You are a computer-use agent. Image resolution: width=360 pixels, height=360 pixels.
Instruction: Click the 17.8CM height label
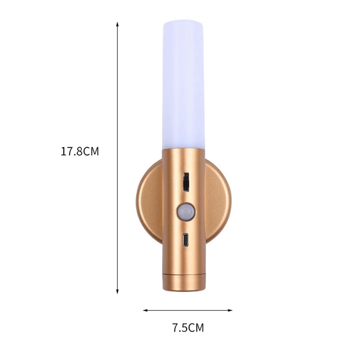[x=80, y=151]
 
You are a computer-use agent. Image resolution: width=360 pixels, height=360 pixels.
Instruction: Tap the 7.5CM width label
[x=188, y=328]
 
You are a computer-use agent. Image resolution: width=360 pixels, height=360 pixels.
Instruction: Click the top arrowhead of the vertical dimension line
[x=117, y=24]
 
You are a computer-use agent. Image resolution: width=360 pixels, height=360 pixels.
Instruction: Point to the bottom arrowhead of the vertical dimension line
[x=117, y=292]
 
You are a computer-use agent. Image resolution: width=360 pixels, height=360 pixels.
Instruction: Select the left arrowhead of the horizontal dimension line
[x=145, y=310]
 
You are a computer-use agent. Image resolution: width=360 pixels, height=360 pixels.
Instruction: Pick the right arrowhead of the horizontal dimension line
[x=230, y=310]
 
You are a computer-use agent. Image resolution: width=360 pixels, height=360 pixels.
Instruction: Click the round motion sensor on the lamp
[x=186, y=211]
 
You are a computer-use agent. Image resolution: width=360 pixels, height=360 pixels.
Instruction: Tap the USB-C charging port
[x=185, y=240]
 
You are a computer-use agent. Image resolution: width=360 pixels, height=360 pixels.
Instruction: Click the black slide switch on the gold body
[x=186, y=182]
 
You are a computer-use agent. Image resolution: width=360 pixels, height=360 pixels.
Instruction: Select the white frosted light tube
[x=184, y=85]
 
